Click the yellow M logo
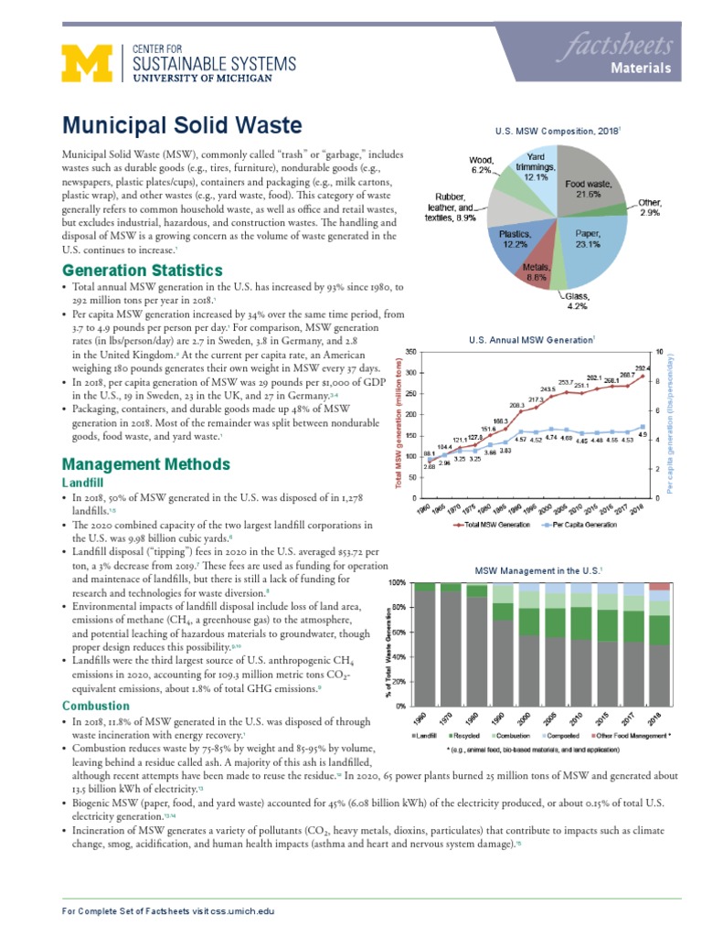(x=84, y=65)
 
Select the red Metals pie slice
(x=537, y=266)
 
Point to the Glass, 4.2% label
(x=577, y=301)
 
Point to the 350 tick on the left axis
(x=410, y=352)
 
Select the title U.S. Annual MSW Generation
(x=531, y=340)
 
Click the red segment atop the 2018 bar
(x=659, y=587)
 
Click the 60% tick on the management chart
(x=398, y=632)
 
